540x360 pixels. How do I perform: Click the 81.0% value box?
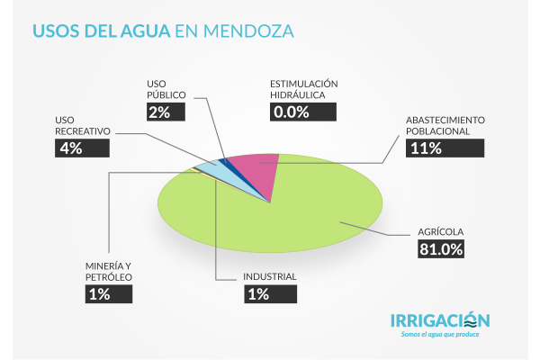tap(440, 249)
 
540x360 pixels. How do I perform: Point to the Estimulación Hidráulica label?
tap(305, 88)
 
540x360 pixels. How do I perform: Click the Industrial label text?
tap(270, 275)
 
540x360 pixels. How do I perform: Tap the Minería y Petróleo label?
tap(103, 271)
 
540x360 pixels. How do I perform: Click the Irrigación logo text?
tap(440, 320)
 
